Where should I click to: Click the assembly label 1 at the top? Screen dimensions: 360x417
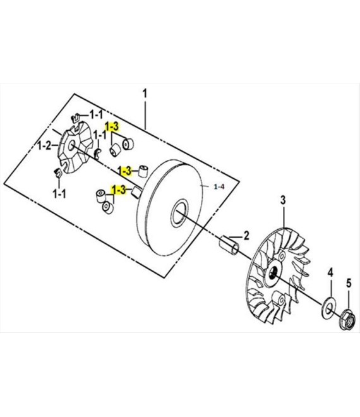tap(145, 94)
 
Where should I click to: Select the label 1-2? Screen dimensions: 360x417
tap(44, 146)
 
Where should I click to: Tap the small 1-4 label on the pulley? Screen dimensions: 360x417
tap(219, 186)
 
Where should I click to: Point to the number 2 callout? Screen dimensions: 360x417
tap(246, 236)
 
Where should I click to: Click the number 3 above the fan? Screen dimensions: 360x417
tap(283, 200)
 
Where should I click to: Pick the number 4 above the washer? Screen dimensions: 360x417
tap(330, 273)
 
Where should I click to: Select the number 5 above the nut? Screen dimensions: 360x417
tap(349, 283)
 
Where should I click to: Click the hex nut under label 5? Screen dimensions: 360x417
tap(348, 319)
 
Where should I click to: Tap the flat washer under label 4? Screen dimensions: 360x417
tap(328, 308)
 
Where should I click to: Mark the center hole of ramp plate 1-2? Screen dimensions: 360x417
tap(71, 145)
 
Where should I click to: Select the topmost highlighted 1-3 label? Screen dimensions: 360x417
tap(112, 127)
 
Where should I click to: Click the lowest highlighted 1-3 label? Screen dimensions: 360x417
tap(119, 190)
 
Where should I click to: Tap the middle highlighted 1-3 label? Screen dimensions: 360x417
tap(124, 171)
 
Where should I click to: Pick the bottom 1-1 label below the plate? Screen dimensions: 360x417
tap(59, 194)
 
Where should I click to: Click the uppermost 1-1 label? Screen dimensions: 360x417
tap(96, 114)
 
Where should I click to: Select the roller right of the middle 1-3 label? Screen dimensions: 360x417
tap(143, 171)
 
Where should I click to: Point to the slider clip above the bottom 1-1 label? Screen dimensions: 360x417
tap(57, 173)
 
